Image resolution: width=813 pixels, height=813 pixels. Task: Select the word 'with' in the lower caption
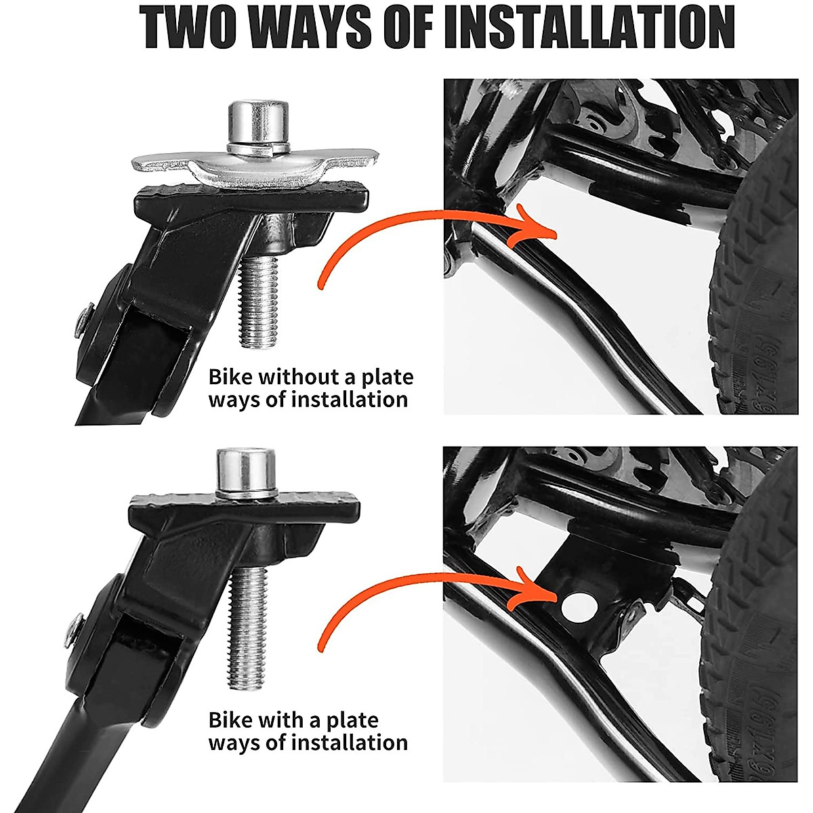tap(284, 720)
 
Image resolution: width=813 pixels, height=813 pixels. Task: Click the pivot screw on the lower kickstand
tap(73, 629)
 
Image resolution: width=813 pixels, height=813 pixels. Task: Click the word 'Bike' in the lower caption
tap(230, 720)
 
